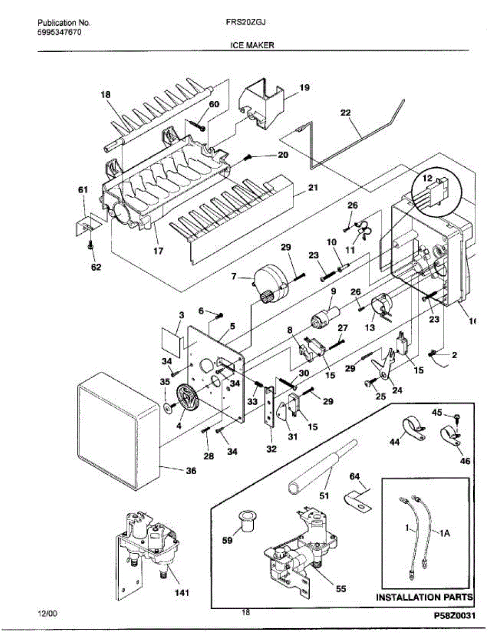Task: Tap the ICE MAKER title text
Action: (x=252, y=45)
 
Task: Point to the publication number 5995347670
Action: (x=59, y=32)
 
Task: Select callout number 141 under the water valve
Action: (x=182, y=592)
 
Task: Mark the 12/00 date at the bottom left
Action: (x=47, y=613)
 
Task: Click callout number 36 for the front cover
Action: (x=190, y=471)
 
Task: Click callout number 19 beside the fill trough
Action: (x=304, y=88)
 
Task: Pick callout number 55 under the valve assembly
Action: (x=341, y=589)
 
